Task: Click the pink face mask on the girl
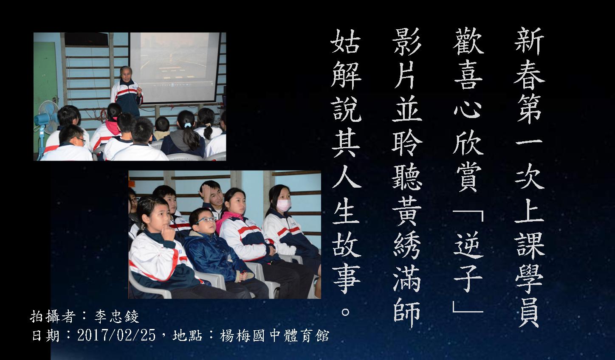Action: click(284, 205)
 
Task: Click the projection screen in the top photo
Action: click(175, 67)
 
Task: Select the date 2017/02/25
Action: click(116, 335)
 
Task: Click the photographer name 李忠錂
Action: click(117, 317)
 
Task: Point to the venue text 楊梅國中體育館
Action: click(274, 335)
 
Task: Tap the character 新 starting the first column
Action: click(529, 41)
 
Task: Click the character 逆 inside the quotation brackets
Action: click(468, 245)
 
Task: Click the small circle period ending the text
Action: click(346, 312)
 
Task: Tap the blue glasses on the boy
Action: click(206, 220)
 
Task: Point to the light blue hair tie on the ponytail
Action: click(188, 125)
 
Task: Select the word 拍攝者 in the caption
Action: click(53, 317)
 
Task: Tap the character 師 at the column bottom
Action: click(407, 314)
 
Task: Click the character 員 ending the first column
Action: click(529, 314)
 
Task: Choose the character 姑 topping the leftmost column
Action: click(346, 41)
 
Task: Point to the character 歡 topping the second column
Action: click(468, 41)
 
